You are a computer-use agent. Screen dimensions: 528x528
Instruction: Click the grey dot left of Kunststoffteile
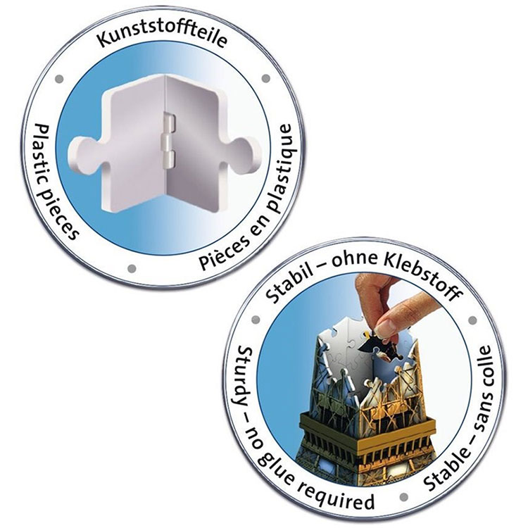(x=59, y=79)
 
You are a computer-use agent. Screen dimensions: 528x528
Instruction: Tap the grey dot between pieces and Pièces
(x=132, y=268)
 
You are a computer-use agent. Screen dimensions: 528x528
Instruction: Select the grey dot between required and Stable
(x=404, y=497)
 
